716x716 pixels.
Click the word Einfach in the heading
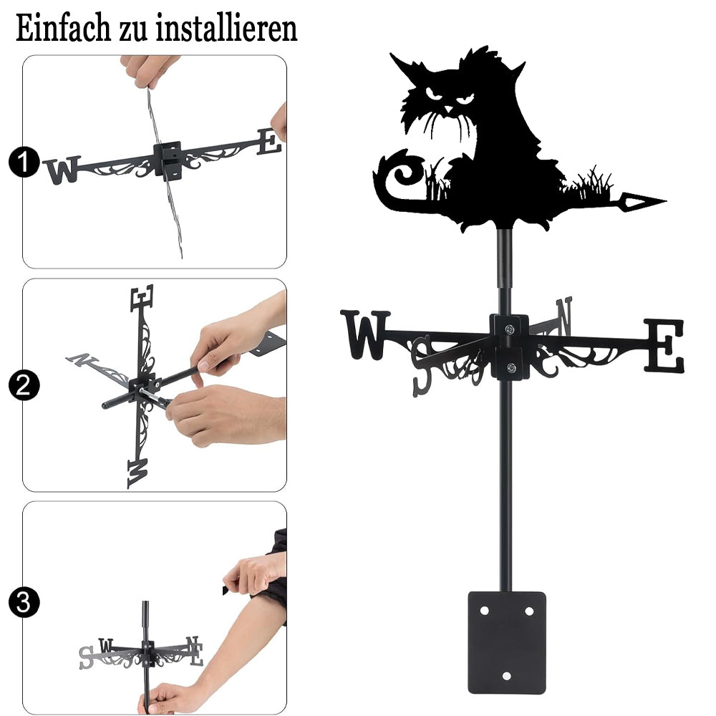pyautogui.click(x=63, y=29)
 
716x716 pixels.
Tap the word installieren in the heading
pyautogui.click(x=226, y=29)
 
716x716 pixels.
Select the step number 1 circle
pyautogui.click(x=24, y=162)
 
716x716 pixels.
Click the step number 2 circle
pyautogui.click(x=24, y=385)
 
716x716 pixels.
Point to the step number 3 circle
pyautogui.click(x=24, y=602)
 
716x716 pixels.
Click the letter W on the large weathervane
pyautogui.click(x=365, y=334)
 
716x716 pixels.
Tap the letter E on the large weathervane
pyautogui.click(x=664, y=345)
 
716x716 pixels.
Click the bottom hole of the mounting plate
pyautogui.click(x=506, y=676)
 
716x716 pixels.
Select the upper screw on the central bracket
pyautogui.click(x=509, y=329)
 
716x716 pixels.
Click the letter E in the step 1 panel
pyautogui.click(x=269, y=141)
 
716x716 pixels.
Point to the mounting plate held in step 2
pyautogui.click(x=267, y=344)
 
